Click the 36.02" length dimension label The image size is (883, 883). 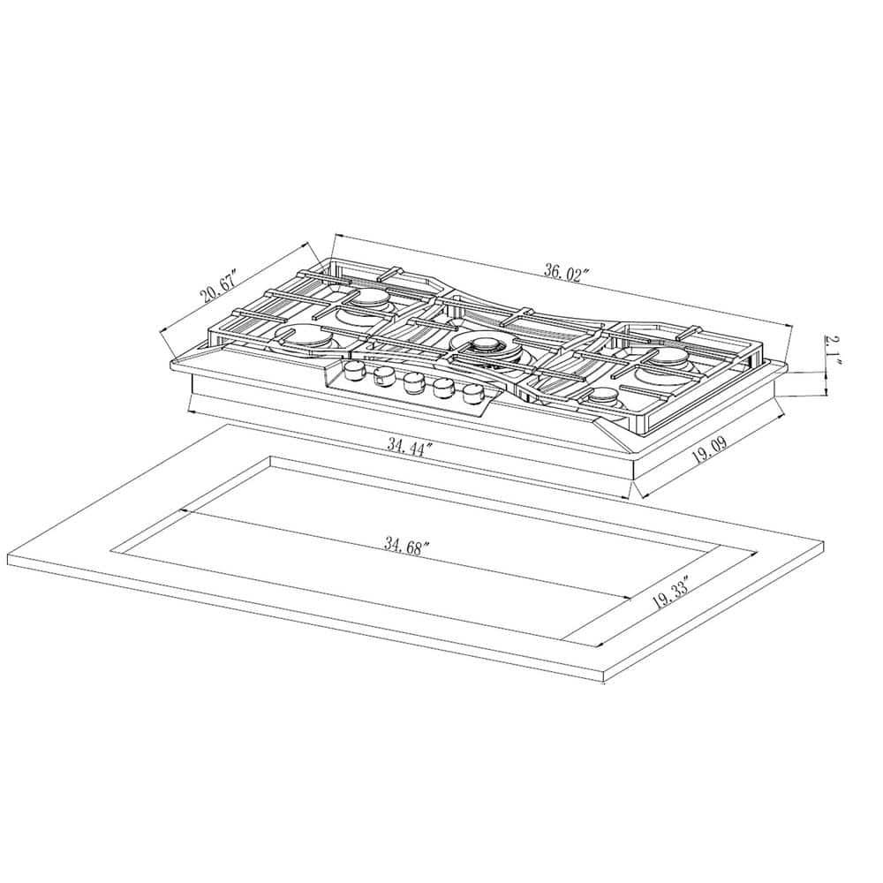click(566, 273)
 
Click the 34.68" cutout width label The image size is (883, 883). click(406, 545)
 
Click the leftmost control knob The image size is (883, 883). click(354, 370)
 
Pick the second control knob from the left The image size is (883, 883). click(382, 377)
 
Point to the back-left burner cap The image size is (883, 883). click(367, 301)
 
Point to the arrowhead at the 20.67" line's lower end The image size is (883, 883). click(162, 332)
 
